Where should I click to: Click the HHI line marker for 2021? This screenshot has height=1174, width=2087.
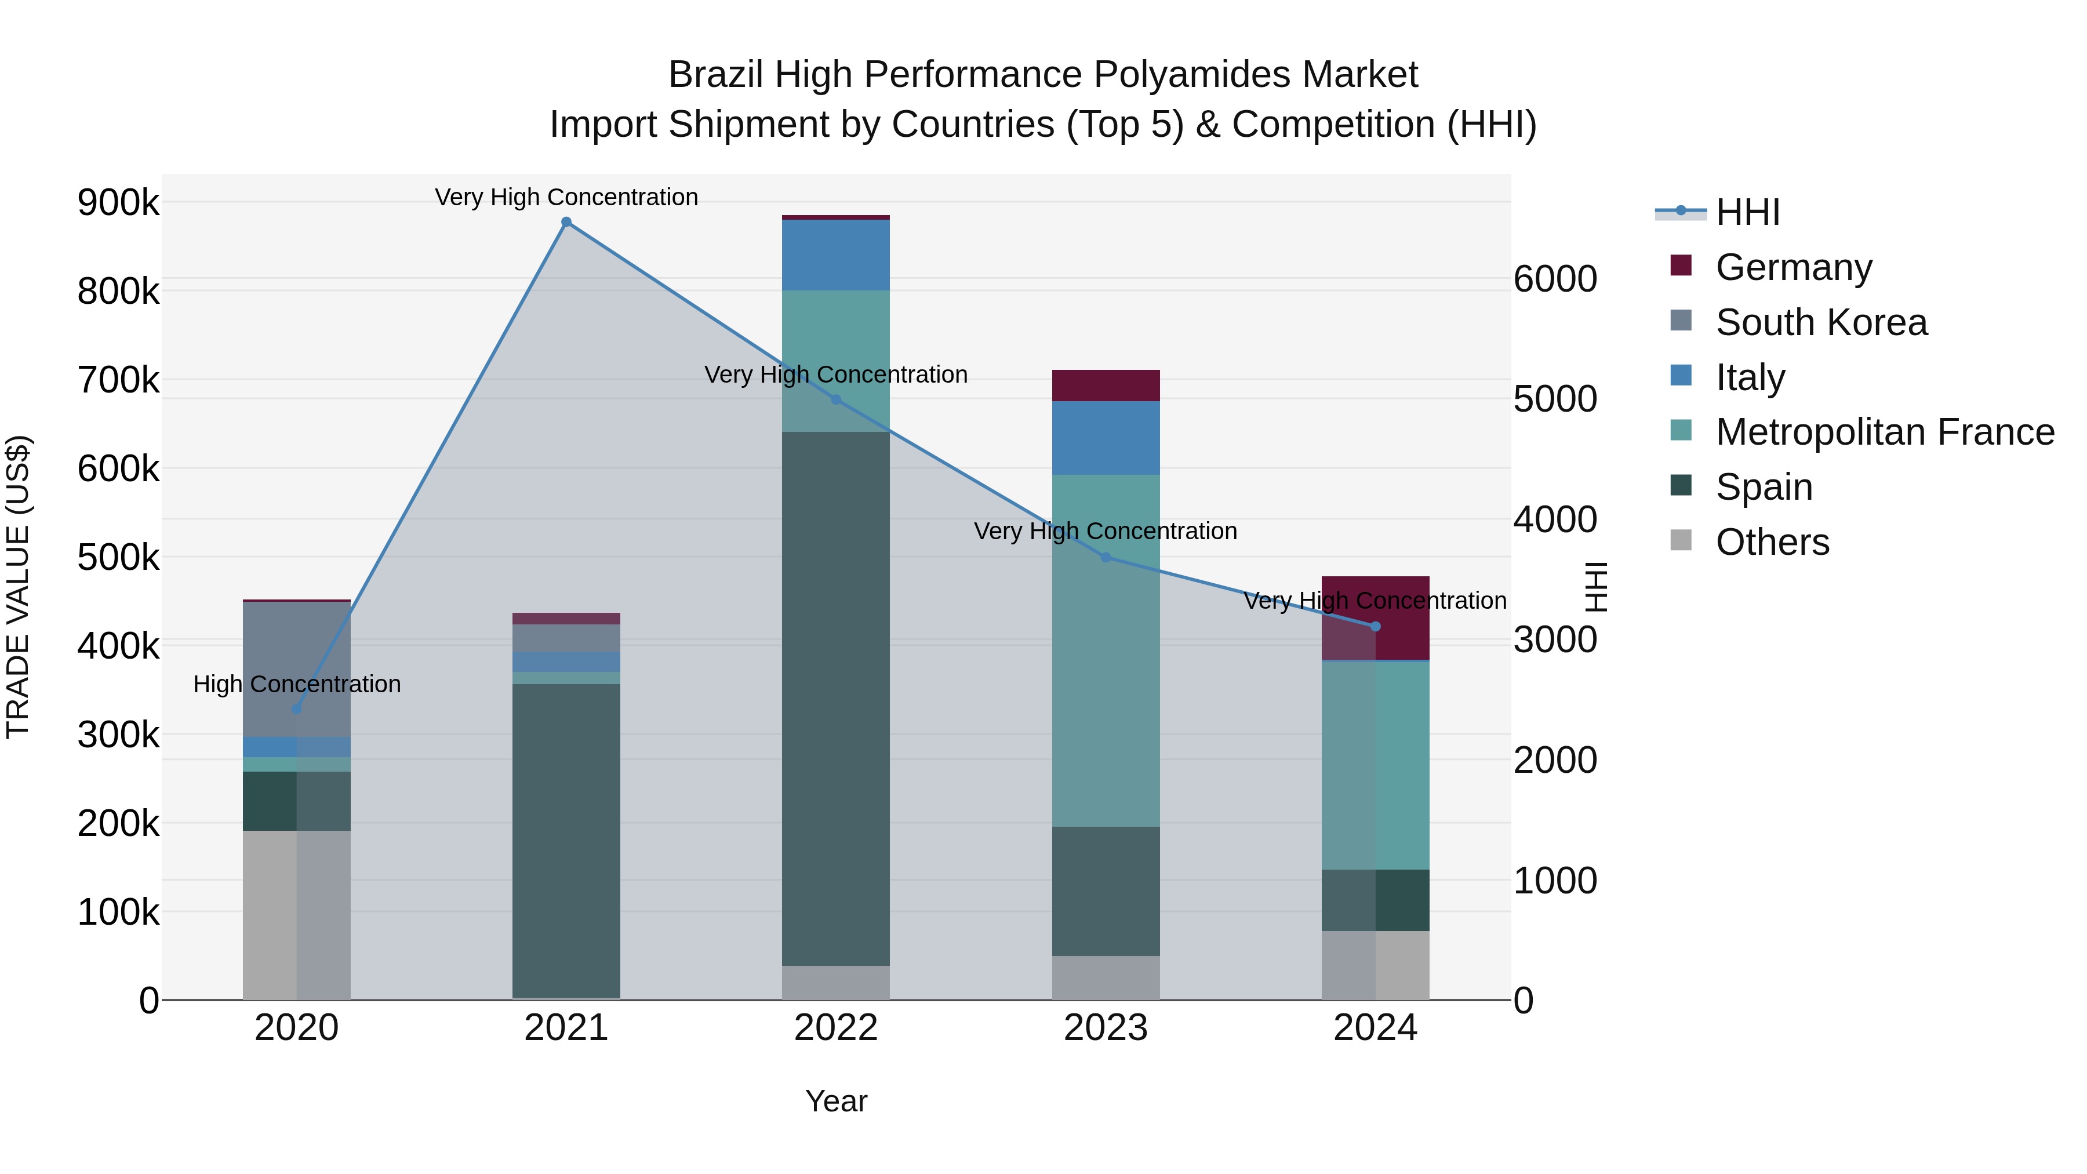pos(566,222)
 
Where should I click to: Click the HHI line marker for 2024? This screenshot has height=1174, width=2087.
pos(1375,626)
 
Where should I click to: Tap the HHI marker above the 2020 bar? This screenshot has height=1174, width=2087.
pos(296,709)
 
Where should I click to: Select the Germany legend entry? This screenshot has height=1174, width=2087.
pos(1793,267)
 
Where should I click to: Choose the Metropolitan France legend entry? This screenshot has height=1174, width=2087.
pos(1885,432)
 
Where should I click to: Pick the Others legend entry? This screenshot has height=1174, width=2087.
pos(1772,542)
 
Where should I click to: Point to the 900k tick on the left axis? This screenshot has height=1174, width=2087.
pos(118,202)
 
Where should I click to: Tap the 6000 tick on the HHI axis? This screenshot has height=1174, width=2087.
pos(1555,279)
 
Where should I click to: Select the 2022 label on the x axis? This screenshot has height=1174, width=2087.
pos(836,1028)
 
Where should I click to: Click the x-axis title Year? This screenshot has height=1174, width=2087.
pos(836,1101)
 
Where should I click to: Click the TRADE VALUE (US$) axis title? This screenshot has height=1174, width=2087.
pos(18,587)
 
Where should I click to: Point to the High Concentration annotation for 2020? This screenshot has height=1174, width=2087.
pos(296,685)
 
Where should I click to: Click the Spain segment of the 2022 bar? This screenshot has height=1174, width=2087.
pos(836,697)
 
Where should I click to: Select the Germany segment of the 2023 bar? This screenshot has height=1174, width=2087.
pos(1106,386)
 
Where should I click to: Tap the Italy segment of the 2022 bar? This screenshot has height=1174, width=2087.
pos(836,255)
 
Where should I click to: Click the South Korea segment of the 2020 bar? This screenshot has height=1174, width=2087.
pos(296,668)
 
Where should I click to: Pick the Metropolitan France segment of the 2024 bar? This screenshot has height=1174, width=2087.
pos(1375,766)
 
